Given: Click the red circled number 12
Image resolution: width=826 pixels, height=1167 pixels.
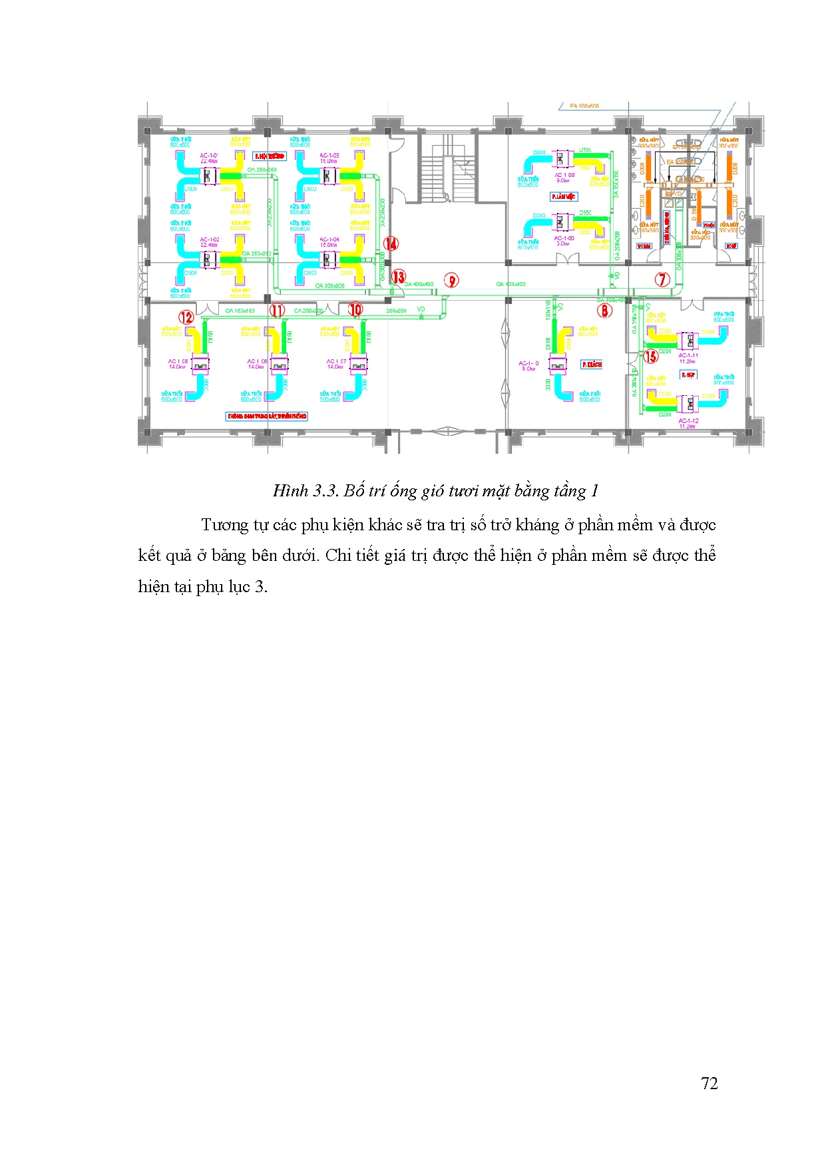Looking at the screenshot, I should point(186,317).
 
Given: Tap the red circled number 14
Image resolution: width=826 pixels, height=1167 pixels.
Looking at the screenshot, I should point(391,244).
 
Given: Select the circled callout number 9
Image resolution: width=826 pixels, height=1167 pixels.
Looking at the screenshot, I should point(452,281).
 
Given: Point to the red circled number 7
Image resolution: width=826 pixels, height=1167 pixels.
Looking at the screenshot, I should point(662,279).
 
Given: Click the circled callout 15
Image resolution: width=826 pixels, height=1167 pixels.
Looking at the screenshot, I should point(650,356).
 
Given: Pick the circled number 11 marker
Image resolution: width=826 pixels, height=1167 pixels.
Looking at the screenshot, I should point(277,310).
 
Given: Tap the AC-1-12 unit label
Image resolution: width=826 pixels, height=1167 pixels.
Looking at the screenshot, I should point(688,421).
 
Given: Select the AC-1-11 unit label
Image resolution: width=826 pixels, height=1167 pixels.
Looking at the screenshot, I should point(688,356).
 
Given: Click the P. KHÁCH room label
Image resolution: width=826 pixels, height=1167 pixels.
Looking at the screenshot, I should point(591,365).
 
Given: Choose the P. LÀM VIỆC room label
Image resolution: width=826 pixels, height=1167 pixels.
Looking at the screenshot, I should point(564,197).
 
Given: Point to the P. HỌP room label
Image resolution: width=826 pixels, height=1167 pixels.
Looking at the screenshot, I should point(688,375).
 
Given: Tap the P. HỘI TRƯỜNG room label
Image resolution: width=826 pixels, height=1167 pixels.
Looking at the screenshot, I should point(270,156).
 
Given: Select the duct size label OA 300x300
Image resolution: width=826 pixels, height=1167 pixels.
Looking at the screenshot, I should point(330,286).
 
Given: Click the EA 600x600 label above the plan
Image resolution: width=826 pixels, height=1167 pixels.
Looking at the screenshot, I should point(584,106).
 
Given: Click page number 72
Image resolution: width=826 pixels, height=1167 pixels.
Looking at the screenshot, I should point(710,1083).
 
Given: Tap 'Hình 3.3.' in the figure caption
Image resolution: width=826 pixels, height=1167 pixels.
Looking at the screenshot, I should point(306,491).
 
